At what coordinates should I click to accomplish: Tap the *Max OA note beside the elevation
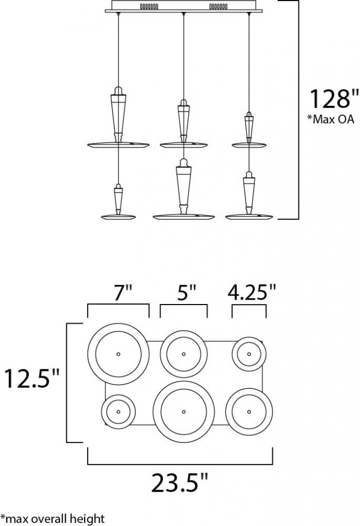(x=331, y=119)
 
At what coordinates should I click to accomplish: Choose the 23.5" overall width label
(x=180, y=483)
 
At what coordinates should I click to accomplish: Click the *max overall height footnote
(x=53, y=519)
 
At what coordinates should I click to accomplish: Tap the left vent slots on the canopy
(x=149, y=6)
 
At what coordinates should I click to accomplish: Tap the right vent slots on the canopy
(x=218, y=6)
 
